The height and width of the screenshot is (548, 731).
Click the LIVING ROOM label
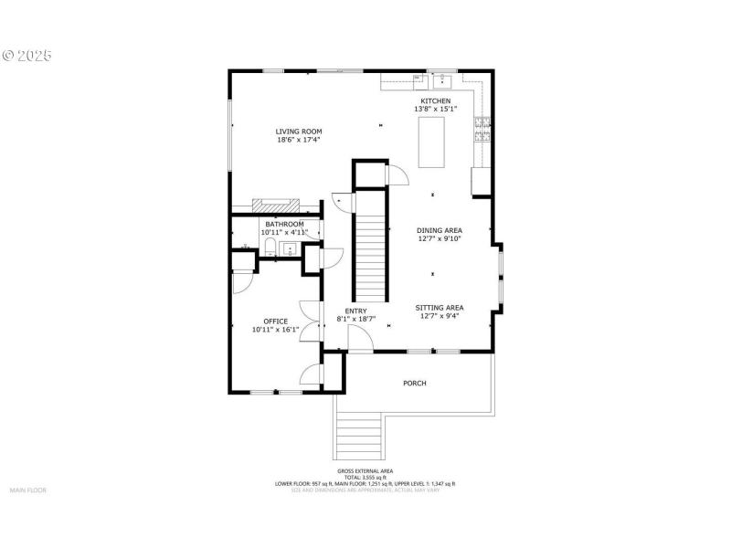click(299, 132)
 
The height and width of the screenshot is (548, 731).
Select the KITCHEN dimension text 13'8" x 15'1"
click(435, 109)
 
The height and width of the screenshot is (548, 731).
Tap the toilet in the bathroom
click(247, 247)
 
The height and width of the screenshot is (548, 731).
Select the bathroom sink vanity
click(291, 250)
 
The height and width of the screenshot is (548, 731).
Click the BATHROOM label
click(284, 224)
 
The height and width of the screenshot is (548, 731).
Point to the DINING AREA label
click(439, 231)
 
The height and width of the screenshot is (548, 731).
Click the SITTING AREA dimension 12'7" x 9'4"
click(439, 317)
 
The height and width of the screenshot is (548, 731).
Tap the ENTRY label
click(355, 311)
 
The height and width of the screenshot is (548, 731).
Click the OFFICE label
click(275, 321)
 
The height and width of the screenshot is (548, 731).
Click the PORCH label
click(415, 384)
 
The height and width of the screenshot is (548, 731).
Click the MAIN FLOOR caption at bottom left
click(27, 490)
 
